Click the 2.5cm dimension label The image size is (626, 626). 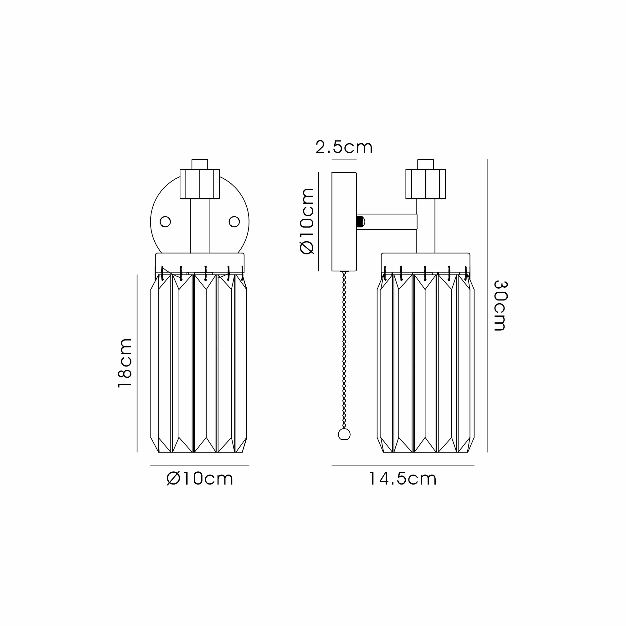[344, 147]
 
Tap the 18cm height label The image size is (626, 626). [125, 362]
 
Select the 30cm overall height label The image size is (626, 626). [500, 305]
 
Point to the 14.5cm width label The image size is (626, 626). [403, 479]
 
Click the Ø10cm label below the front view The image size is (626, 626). [200, 479]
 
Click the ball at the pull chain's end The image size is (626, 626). [344, 434]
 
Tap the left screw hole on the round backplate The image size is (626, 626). [165, 222]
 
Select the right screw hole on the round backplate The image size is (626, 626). [234, 222]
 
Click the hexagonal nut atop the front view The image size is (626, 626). [200, 184]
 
